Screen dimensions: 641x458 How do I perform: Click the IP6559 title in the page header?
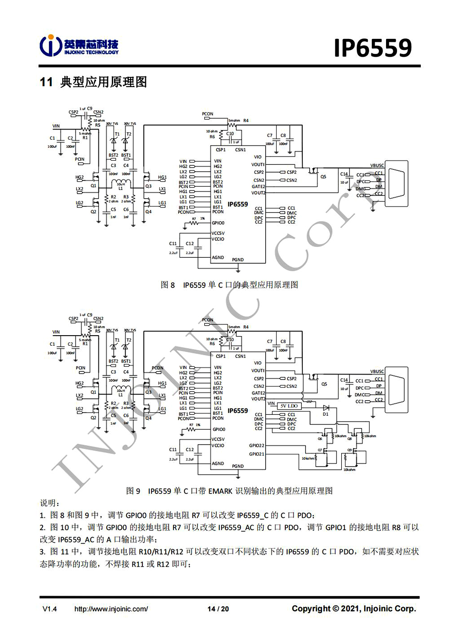click(373, 48)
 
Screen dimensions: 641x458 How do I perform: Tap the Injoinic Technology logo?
click(79, 46)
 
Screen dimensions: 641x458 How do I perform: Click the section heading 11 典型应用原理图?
click(93, 82)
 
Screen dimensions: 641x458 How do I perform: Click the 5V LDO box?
click(289, 406)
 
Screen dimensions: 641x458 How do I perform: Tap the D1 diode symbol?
click(326, 408)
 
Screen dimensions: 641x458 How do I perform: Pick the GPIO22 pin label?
click(256, 445)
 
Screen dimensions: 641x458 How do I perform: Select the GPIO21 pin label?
click(256, 454)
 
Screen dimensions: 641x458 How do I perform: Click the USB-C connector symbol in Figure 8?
click(397, 180)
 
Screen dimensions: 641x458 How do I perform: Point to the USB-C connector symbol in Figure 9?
click(397, 386)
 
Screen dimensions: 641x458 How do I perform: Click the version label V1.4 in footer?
click(49, 609)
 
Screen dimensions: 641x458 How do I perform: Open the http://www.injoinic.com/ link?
click(111, 609)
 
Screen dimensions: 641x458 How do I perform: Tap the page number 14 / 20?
click(218, 609)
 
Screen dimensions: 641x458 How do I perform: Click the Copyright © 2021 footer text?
click(354, 608)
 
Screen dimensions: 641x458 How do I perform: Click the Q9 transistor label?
click(349, 450)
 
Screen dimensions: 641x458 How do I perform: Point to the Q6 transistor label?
click(320, 439)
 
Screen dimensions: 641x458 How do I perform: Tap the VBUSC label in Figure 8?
click(377, 165)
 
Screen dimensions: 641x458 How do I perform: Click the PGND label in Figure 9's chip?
click(238, 466)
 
